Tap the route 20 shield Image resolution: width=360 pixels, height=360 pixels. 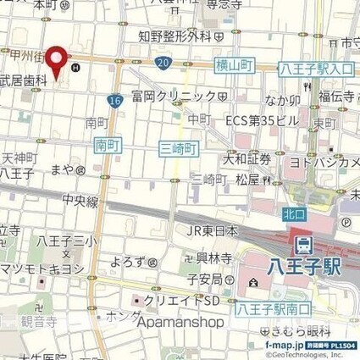click(x=163, y=64)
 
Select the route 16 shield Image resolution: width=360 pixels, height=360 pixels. click(x=114, y=101)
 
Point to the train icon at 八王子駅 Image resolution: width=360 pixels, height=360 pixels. click(x=302, y=246)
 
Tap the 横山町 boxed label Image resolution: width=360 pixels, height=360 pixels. click(x=235, y=65)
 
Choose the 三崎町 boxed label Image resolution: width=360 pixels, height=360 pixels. click(x=179, y=148)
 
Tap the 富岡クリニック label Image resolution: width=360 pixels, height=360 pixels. click(x=173, y=97)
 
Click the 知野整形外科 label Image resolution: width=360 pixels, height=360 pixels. click(x=174, y=36)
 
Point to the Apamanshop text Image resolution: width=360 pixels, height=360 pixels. click(x=177, y=322)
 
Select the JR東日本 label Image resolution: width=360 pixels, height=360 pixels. click(x=212, y=230)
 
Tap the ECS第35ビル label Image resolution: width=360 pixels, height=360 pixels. click(x=262, y=120)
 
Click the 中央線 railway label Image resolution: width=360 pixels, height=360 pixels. click(x=81, y=202)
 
